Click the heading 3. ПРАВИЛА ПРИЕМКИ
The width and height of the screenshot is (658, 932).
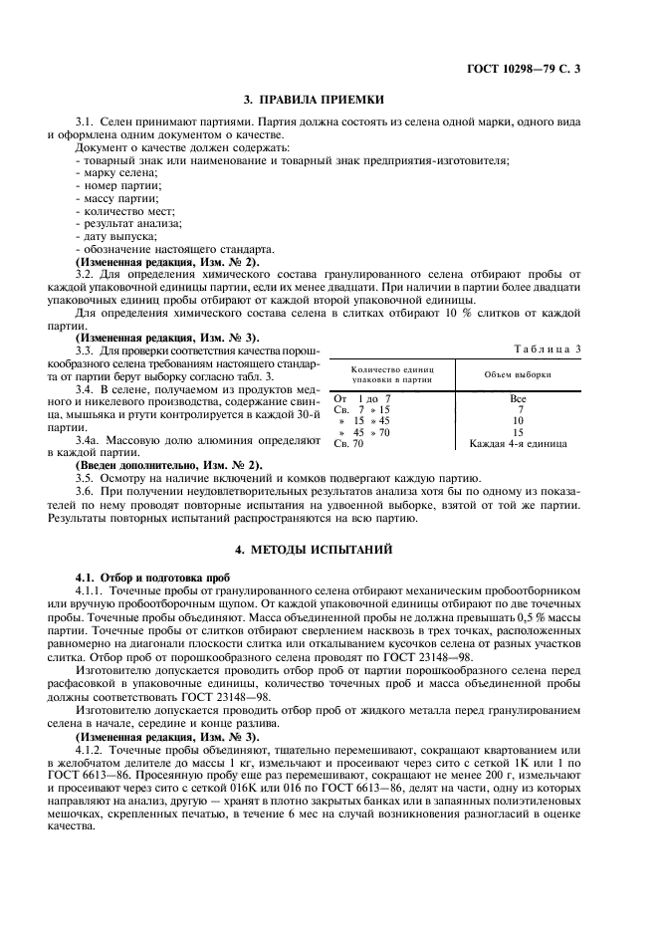point(315,100)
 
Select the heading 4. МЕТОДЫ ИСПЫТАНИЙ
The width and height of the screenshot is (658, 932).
point(315,549)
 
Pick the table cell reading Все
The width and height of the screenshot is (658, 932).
point(518,398)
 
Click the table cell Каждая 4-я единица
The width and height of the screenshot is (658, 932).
point(518,443)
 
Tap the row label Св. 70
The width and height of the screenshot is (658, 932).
point(348,443)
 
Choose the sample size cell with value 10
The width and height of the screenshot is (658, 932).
point(518,420)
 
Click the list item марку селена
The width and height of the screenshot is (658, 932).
point(114,173)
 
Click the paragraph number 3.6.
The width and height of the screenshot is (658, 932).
point(85,491)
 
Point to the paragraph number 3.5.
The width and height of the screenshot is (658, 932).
point(85,478)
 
